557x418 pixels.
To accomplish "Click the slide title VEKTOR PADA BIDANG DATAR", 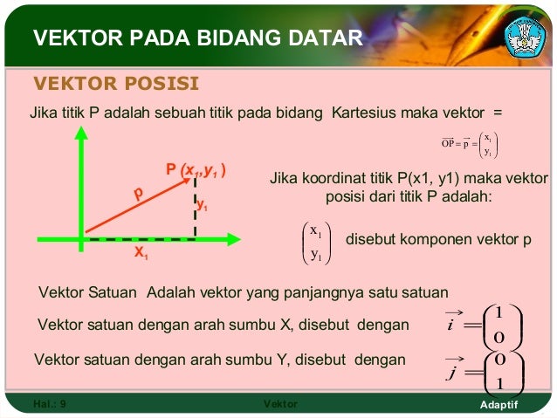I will [196, 38].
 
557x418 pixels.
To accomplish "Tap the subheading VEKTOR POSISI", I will [116, 84].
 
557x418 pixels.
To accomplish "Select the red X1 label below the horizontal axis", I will [141, 255].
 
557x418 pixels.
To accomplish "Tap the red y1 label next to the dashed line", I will [203, 207].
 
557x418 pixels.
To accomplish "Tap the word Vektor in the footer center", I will [279, 405].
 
